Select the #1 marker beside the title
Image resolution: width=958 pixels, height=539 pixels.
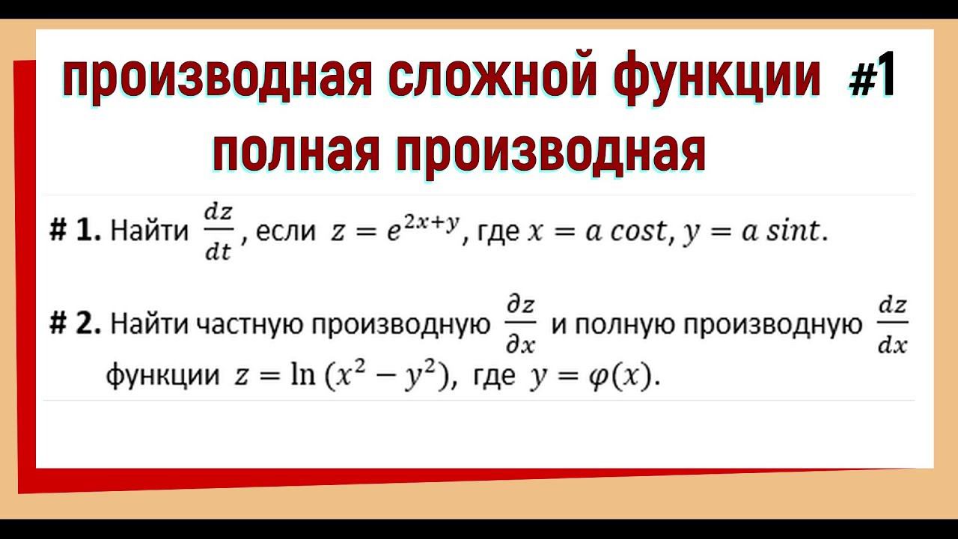(x=873, y=79)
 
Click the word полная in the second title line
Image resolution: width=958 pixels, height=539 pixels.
(x=296, y=151)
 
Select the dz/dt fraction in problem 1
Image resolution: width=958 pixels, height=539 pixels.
(x=219, y=232)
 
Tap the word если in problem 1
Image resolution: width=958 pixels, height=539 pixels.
(x=286, y=233)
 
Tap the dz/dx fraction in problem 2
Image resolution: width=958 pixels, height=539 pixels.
(x=892, y=326)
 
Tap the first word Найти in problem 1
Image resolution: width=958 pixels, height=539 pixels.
(x=150, y=233)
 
